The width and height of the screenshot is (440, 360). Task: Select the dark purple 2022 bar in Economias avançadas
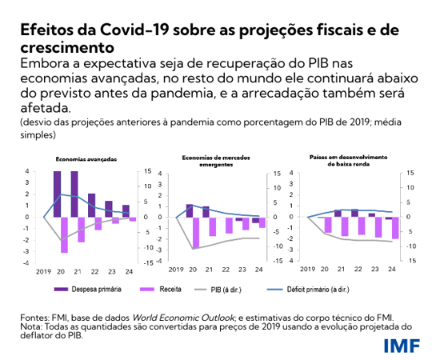point(91,205)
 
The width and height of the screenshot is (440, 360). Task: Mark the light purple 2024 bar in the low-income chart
point(394,228)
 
